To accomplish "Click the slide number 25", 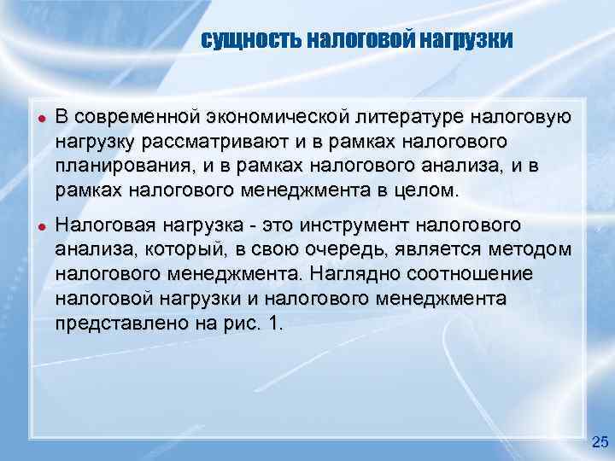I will [600, 441].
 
